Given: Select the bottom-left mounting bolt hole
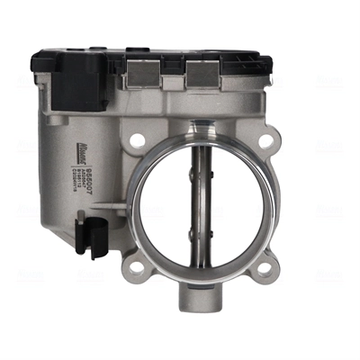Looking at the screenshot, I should [x=136, y=266].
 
